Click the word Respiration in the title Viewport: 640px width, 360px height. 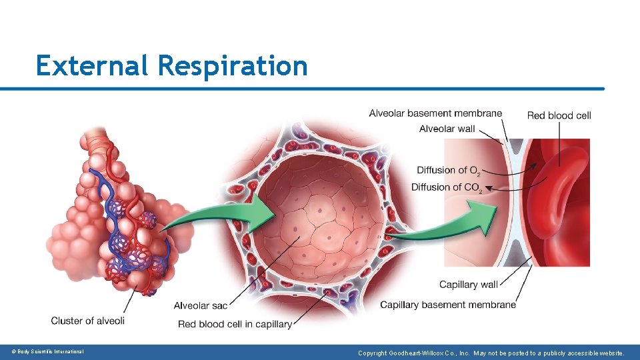pyautogui.click(x=233, y=67)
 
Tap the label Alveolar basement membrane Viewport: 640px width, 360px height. pyautogui.click(x=435, y=113)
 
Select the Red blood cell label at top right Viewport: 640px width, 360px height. pyautogui.click(x=559, y=115)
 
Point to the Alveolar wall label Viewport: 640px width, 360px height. pyautogui.click(x=447, y=129)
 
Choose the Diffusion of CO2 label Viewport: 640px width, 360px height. pyautogui.click(x=446, y=187)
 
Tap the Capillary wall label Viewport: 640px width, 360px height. pyautogui.click(x=468, y=285)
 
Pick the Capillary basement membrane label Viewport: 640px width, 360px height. pyautogui.click(x=448, y=305)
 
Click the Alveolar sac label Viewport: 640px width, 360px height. pyautogui.click(x=200, y=306)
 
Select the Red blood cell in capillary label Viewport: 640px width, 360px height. pyautogui.click(x=235, y=324)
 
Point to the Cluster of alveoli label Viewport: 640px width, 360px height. pyautogui.click(x=87, y=321)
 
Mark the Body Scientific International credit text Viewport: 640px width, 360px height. pyautogui.click(x=47, y=351)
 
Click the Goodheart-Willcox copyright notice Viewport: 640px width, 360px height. pyautogui.click(x=491, y=353)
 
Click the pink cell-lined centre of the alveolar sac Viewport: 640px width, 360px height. pyautogui.click(x=320, y=220)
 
